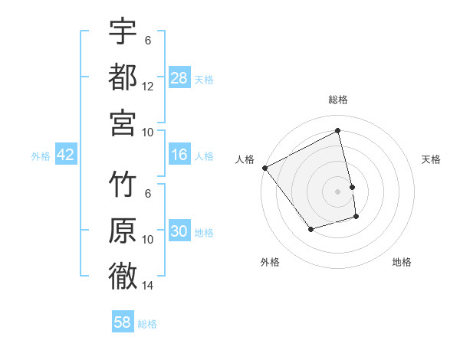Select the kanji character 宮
pyautogui.click(x=123, y=121)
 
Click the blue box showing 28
pyautogui.click(x=179, y=78)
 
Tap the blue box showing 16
pyautogui.click(x=179, y=155)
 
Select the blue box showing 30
pyautogui.click(x=179, y=232)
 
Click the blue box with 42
pyautogui.click(x=65, y=155)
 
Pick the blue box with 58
pyautogui.click(x=123, y=322)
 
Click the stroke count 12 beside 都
pyautogui.click(x=148, y=87)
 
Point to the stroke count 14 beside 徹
pyautogui.click(x=148, y=286)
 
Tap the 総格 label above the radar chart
pyautogui.click(x=338, y=100)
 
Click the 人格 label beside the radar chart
pyautogui.click(x=245, y=159)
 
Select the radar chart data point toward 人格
pyautogui.click(x=264, y=168)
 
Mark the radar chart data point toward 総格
pyautogui.click(x=338, y=131)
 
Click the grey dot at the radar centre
pyautogui.click(x=338, y=191)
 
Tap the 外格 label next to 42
pyautogui.click(x=41, y=156)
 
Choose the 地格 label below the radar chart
pyautogui.click(x=402, y=262)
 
